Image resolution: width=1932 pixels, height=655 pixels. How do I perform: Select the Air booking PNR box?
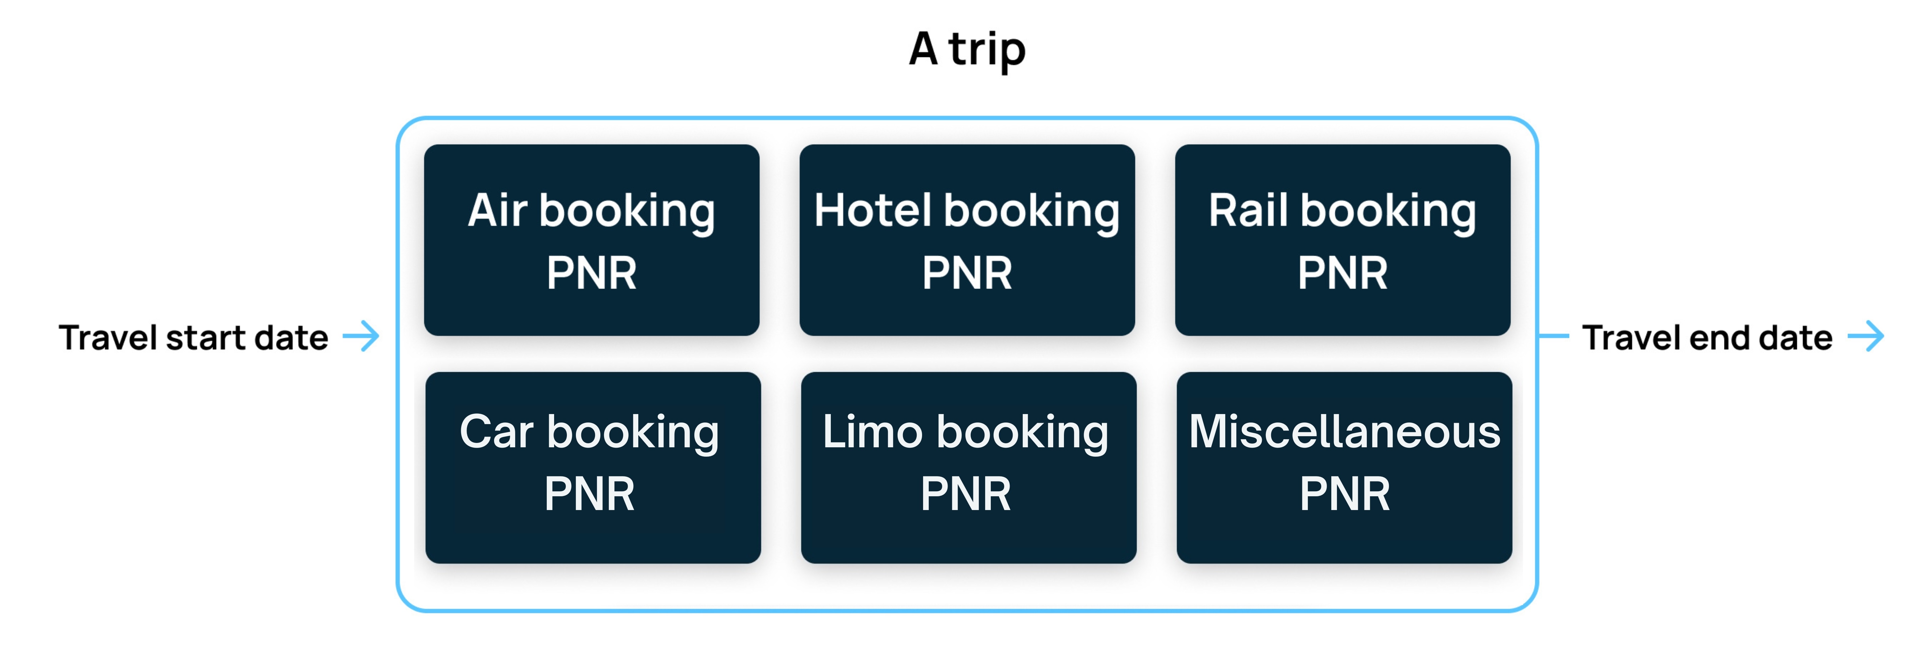[x=592, y=240]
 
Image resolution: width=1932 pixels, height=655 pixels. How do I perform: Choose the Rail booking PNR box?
[x=1342, y=240]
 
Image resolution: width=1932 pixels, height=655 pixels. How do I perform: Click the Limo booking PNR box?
[x=968, y=467]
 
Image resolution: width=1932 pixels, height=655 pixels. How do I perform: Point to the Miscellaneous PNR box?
[x=1344, y=467]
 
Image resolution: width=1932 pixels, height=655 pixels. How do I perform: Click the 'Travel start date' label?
[x=194, y=338]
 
